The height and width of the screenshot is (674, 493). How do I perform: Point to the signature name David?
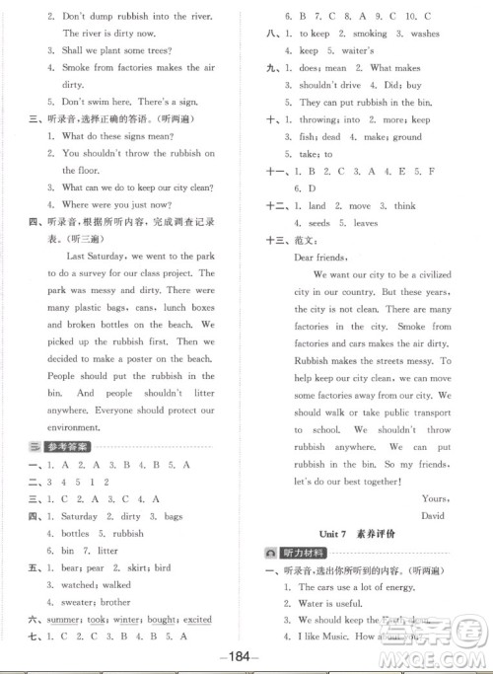431,515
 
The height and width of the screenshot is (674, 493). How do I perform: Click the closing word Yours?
432,497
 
